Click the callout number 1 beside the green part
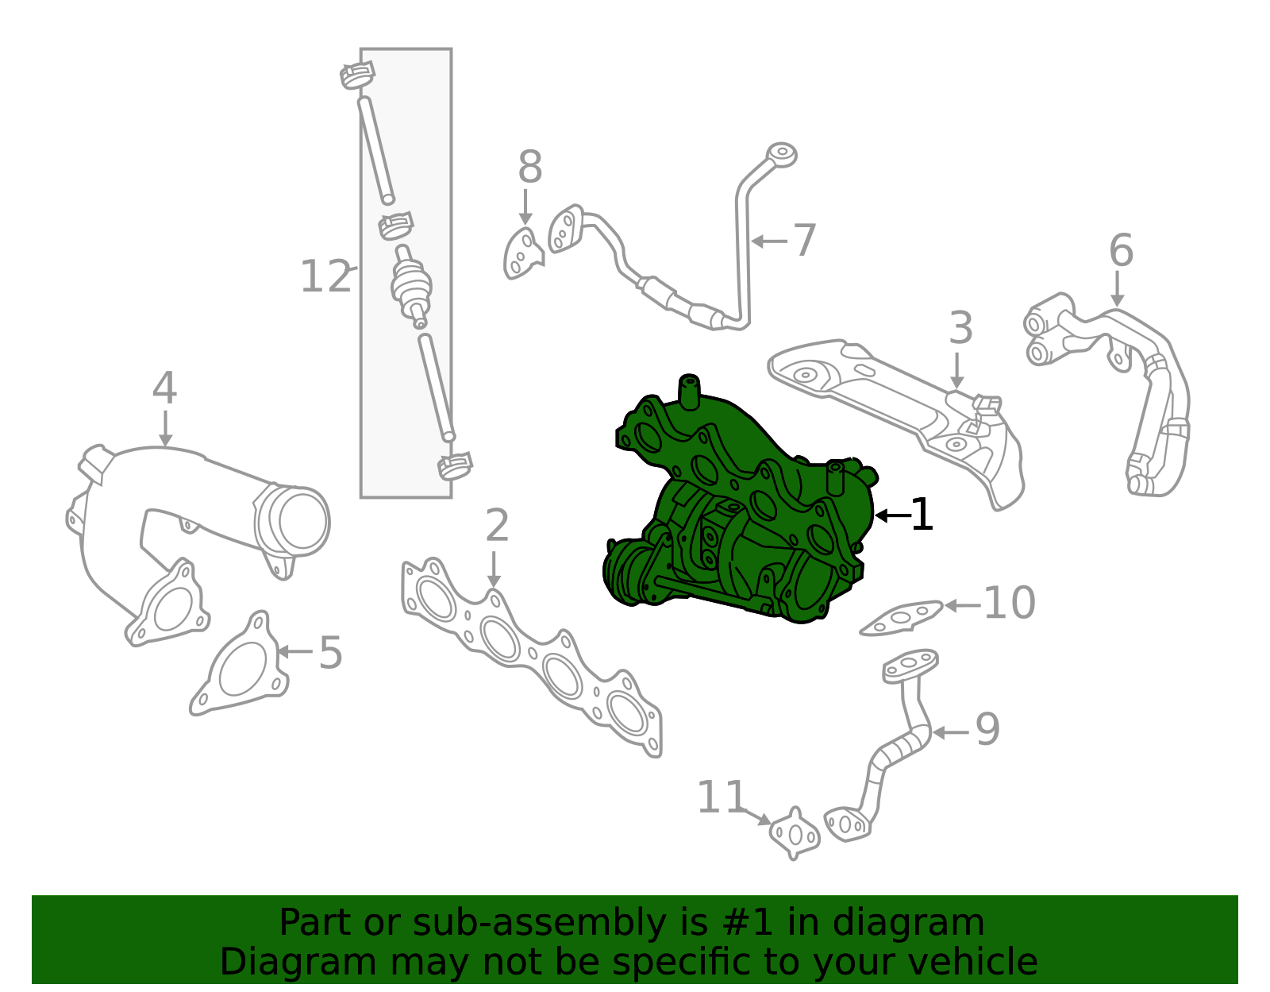click(922, 514)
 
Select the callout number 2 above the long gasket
click(497, 524)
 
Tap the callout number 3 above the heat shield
click(960, 327)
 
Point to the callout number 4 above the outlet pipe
click(164, 388)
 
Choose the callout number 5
click(330, 652)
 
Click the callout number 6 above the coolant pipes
click(1121, 249)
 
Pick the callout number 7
click(804, 240)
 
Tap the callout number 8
click(530, 166)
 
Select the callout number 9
click(987, 729)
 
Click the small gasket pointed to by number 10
click(901, 617)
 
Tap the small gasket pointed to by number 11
click(795, 834)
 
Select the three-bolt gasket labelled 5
click(239, 665)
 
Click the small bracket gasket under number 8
click(523, 253)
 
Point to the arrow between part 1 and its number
click(892, 515)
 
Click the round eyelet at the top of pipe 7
click(781, 155)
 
